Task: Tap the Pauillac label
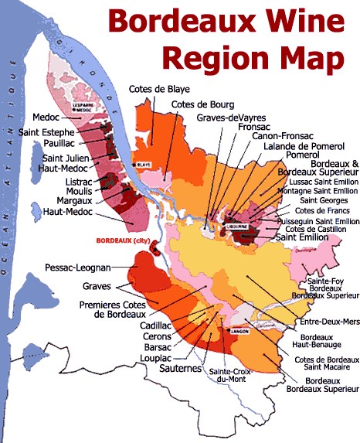pos(58,144)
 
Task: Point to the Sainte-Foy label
pos(331,280)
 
